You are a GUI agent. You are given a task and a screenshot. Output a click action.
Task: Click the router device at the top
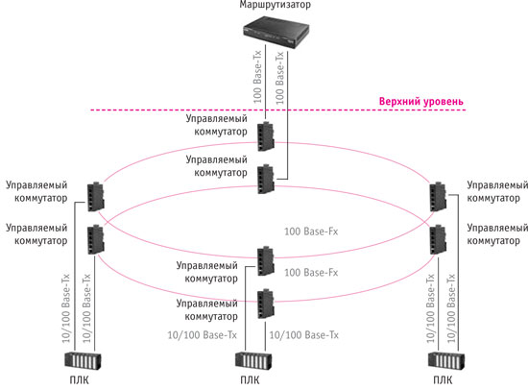(276, 34)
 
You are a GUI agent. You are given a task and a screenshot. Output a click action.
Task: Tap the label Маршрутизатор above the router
(276, 5)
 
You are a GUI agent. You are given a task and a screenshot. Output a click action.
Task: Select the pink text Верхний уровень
(420, 101)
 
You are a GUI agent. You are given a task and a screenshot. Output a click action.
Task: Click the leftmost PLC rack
(83, 361)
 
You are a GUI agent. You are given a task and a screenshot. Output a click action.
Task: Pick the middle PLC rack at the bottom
(253, 361)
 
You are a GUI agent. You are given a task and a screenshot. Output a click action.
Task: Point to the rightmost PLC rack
(446, 361)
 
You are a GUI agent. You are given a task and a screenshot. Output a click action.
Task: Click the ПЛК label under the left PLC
(79, 380)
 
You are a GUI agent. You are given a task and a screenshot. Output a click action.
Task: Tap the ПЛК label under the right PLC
(443, 380)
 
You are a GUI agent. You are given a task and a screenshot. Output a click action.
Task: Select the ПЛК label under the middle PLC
(250, 380)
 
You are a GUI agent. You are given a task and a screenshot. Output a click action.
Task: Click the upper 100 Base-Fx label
(311, 232)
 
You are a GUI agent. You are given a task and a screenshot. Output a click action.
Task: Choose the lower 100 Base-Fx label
(311, 273)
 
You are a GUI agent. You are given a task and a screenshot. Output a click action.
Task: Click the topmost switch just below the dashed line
(266, 136)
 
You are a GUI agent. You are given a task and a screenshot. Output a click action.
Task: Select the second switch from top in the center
(266, 180)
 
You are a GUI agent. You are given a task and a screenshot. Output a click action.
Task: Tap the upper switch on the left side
(96, 197)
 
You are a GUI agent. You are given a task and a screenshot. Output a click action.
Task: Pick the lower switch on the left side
(96, 239)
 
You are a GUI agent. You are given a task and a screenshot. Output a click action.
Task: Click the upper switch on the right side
(438, 197)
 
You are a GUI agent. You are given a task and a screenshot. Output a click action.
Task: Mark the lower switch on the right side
(438, 239)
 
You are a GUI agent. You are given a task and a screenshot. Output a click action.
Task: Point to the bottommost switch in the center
(266, 304)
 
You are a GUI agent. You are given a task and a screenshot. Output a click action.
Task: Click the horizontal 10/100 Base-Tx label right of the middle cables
(303, 335)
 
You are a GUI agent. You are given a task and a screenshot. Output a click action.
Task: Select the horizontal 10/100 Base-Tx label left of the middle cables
(202, 335)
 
